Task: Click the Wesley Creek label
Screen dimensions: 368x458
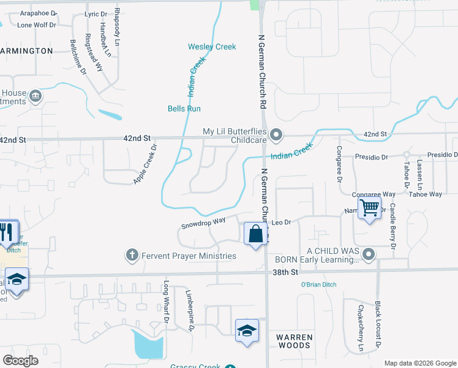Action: [212, 47]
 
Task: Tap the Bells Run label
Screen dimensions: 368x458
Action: [184, 109]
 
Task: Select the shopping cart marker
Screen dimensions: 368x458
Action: [369, 209]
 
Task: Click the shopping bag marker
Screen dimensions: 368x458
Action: [255, 234]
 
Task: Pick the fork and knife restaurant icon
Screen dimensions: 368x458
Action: [6, 232]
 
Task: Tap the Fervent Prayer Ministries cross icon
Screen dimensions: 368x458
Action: [131, 255]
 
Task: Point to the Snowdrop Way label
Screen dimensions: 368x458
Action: [203, 222]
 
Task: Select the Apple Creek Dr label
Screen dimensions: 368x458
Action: [146, 164]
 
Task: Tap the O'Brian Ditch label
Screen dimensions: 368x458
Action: [318, 285]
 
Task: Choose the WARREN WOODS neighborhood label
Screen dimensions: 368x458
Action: [294, 342]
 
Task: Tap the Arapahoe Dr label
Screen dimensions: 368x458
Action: [38, 13]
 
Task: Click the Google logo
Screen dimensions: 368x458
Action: [21, 361]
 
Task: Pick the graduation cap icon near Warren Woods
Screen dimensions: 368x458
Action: [246, 330]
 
